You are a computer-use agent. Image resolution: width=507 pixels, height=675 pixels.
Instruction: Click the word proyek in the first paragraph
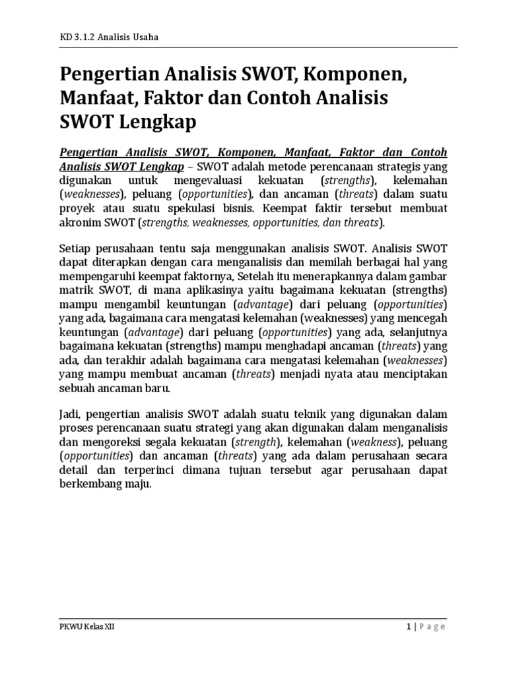pyautogui.click(x=77, y=209)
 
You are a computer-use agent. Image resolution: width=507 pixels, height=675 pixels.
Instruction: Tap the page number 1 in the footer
pyautogui.click(x=409, y=627)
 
